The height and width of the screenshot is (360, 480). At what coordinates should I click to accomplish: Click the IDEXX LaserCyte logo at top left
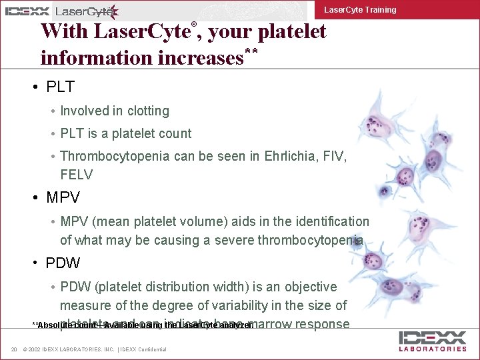61,11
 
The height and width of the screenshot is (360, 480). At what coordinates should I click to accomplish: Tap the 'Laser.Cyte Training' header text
360,10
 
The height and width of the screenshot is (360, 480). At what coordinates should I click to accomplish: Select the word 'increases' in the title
199,58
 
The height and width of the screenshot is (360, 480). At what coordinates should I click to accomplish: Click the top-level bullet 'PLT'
60,87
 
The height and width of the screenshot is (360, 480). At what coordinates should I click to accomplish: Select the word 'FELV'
77,175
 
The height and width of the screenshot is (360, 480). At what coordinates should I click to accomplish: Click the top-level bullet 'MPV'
63,198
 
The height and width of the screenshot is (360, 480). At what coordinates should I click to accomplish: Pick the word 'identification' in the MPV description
329,221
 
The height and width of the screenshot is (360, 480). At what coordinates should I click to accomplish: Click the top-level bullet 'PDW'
63,263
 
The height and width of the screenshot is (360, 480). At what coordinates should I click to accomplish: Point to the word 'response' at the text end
307,325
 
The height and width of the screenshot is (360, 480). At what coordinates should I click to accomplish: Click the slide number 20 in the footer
13,350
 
